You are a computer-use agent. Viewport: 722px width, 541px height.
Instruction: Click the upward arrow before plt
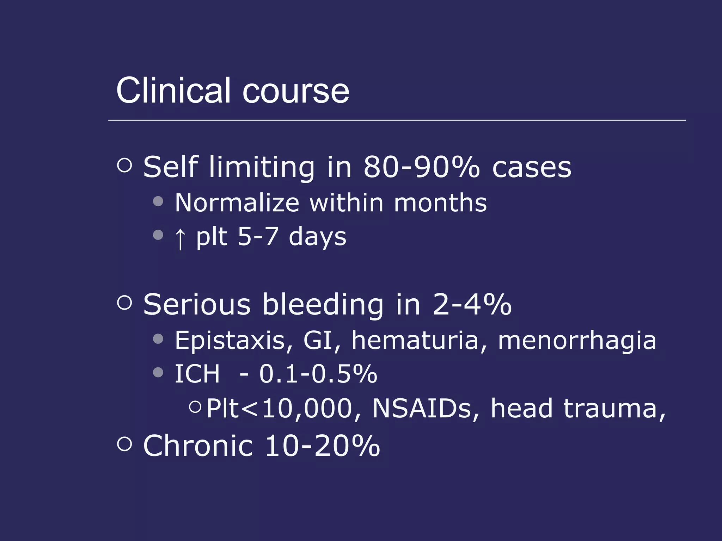click(180, 238)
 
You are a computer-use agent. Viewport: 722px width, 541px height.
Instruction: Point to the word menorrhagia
click(577, 341)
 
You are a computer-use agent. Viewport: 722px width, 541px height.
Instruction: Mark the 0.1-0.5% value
click(318, 374)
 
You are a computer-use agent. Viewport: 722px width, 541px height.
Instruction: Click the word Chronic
click(198, 446)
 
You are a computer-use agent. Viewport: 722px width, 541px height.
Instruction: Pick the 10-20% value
click(322, 446)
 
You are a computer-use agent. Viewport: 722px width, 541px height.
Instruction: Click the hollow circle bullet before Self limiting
click(124, 165)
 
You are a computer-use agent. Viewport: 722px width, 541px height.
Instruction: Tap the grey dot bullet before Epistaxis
click(158, 339)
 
